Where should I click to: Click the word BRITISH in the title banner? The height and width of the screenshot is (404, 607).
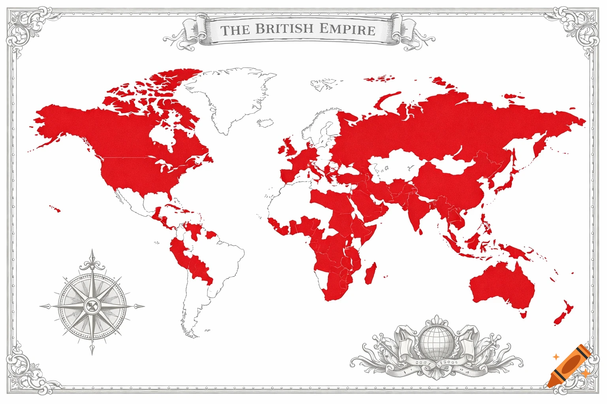pos(284,29)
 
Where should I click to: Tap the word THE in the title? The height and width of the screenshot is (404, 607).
pos(235,30)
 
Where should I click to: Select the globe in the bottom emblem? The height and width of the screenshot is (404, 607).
pos(436,340)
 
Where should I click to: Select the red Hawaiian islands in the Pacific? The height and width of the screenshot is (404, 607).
pos(55,208)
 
